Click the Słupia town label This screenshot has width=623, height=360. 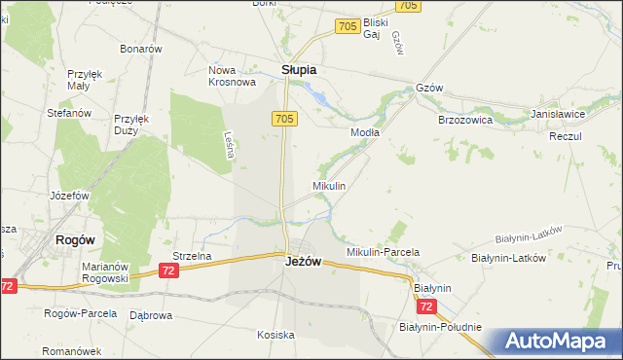click(x=299, y=70)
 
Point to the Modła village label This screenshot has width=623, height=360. click(x=365, y=131)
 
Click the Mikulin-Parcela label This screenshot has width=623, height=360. click(x=383, y=252)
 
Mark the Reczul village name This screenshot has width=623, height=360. click(x=565, y=136)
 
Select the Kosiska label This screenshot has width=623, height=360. click(x=275, y=335)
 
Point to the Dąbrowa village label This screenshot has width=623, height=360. click(x=151, y=315)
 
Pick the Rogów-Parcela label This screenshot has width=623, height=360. click(x=81, y=313)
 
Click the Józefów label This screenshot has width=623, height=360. click(x=69, y=195)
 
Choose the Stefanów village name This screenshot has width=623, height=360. click(x=69, y=113)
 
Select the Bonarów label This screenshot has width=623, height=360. click(x=140, y=49)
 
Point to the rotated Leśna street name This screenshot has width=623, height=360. click(x=229, y=146)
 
